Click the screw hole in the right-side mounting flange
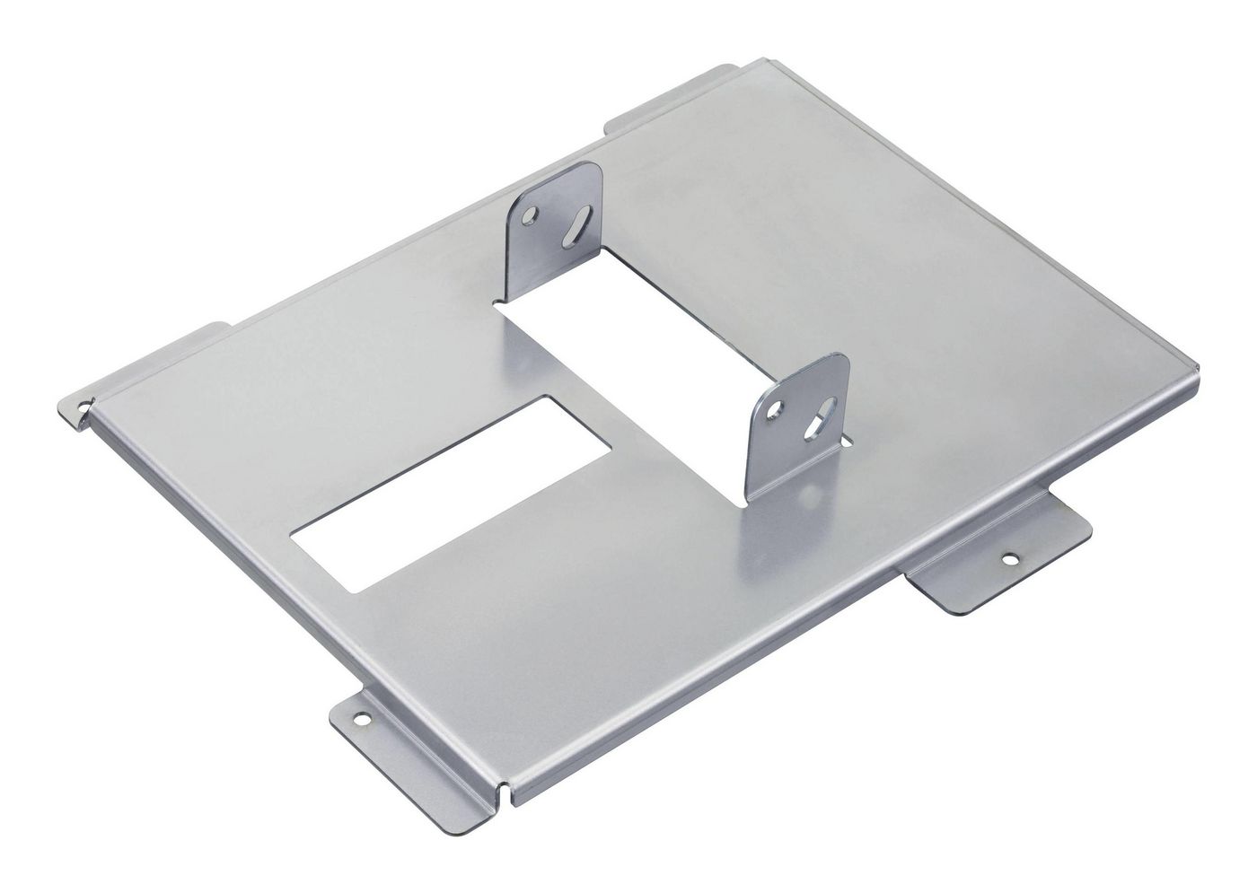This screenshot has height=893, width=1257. coord(1012,557)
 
